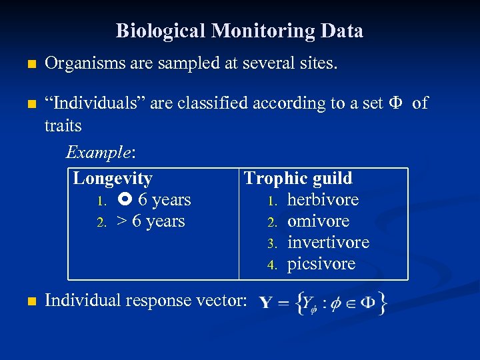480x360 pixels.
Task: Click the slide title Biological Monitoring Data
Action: point(239,31)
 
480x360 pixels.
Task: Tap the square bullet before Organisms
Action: point(27,65)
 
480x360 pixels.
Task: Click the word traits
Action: point(63,125)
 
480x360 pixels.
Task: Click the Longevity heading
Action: point(113,178)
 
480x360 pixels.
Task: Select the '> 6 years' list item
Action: point(150,221)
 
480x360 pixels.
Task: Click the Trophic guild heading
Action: point(298,178)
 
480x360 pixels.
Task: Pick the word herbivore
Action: point(323,200)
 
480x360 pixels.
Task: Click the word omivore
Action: point(318,221)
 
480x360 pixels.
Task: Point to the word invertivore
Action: point(328,243)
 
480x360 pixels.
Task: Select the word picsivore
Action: point(321,264)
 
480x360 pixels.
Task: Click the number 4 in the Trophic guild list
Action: point(272,265)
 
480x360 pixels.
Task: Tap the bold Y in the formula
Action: point(266,304)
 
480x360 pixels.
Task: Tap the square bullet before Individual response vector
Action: point(27,301)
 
